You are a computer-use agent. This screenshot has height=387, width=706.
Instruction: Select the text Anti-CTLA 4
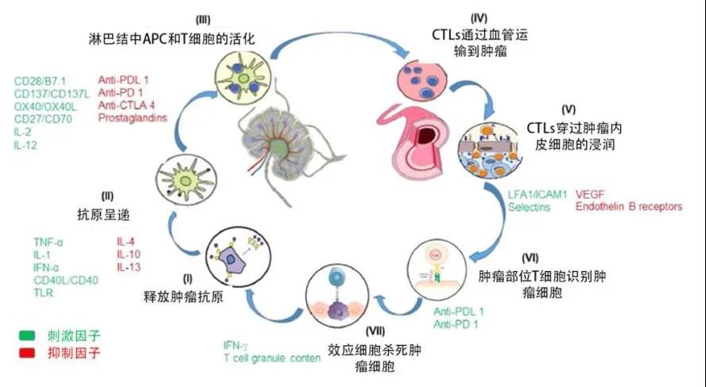[x=126, y=105]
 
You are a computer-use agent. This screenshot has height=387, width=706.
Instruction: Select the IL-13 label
[x=130, y=265]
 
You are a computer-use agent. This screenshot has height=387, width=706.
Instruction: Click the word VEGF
[x=590, y=193]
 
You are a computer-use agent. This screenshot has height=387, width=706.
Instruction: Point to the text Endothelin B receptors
[x=629, y=207]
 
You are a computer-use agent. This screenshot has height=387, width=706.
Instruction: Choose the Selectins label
[x=530, y=207]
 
